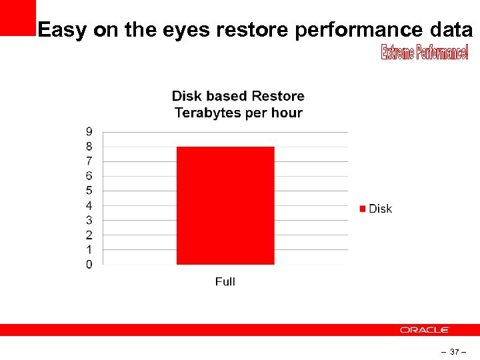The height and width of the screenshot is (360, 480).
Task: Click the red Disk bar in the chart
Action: pos(225,205)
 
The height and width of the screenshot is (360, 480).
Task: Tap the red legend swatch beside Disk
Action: pos(363,209)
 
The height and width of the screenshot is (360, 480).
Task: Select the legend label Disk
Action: pos(380,209)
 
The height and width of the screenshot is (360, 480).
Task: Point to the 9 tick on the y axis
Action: pos(89,131)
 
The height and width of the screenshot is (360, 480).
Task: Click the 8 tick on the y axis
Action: pos(89,146)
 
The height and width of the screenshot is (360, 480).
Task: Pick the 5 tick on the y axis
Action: pos(89,191)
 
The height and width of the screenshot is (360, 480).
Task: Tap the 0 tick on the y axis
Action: pos(89,265)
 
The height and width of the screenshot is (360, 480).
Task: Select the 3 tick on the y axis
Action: pos(89,220)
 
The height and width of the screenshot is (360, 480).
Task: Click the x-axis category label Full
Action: pos(225,282)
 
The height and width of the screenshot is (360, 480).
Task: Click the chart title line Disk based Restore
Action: pos(238,97)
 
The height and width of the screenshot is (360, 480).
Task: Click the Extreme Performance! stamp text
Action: pos(425,53)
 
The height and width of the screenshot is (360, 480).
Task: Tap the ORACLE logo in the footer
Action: pos(425,330)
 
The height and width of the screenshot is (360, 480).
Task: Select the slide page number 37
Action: pos(455,351)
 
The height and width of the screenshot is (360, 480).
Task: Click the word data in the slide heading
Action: pos(451,30)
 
